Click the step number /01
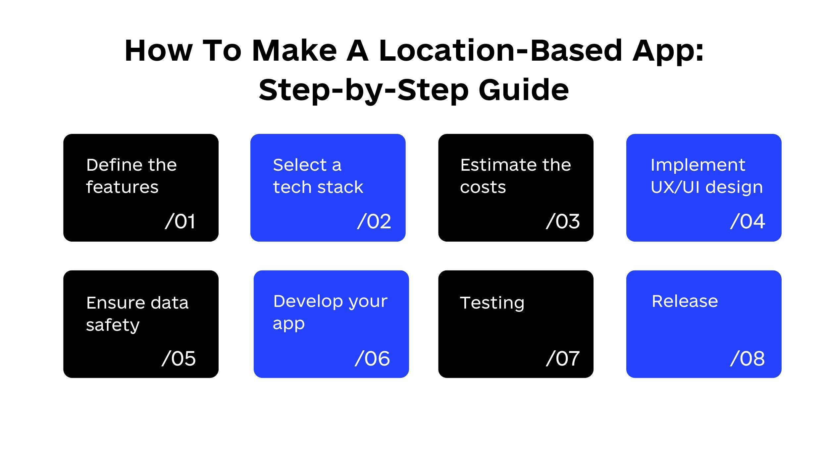point(180,221)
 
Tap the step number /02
point(374,221)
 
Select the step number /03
point(563,221)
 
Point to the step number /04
point(748,221)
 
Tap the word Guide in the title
point(524,90)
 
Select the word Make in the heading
point(294,50)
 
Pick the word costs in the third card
point(483,188)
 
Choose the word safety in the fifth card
point(113,325)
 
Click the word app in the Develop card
point(288,324)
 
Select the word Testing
point(492,303)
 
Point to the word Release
point(685,301)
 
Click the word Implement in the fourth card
point(698,165)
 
